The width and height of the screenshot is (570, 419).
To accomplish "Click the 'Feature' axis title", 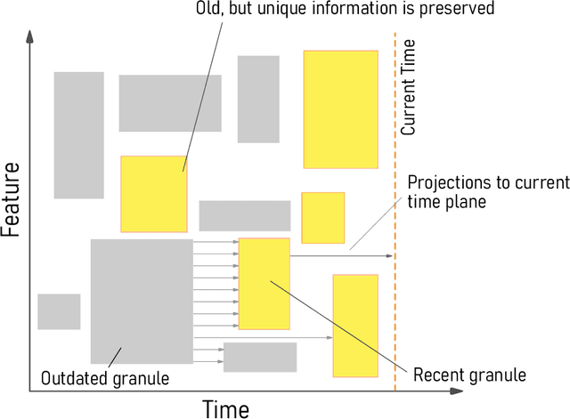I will [x=12, y=199].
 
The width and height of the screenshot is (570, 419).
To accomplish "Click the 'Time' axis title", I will [x=226, y=407].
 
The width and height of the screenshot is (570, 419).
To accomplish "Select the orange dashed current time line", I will [x=395, y=294].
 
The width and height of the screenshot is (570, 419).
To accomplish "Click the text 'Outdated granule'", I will [x=105, y=378].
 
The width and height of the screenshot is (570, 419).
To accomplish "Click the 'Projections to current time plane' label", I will [x=487, y=192].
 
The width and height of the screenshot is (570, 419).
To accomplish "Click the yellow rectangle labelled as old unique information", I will [x=154, y=193].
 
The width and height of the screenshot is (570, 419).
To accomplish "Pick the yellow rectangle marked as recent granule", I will [x=264, y=284].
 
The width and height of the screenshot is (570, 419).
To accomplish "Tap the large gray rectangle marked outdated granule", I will [x=142, y=301].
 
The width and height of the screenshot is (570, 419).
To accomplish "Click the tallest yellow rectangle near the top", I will [x=340, y=109].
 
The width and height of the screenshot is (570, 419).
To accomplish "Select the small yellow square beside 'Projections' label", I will [x=322, y=217].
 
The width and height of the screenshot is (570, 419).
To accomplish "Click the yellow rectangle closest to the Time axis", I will [x=355, y=326].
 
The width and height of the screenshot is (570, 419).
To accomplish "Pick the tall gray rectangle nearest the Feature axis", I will [x=78, y=134].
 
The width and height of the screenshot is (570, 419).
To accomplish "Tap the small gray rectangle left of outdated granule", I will [x=59, y=311].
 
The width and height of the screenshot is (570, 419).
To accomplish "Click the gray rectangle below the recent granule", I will [x=259, y=357].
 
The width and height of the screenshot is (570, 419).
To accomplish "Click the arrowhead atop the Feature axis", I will [x=31, y=37].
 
